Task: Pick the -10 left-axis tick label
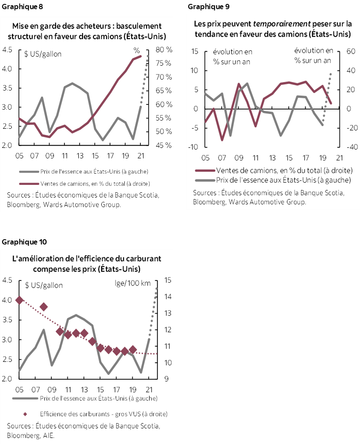192,147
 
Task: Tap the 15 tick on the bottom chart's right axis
168,280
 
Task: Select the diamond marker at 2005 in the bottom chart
19,300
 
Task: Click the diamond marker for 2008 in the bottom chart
43,307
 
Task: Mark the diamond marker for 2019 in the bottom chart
133,349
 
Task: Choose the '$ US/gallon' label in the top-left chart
43,54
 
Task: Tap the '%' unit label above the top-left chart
137,50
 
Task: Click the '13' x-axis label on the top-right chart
273,157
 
